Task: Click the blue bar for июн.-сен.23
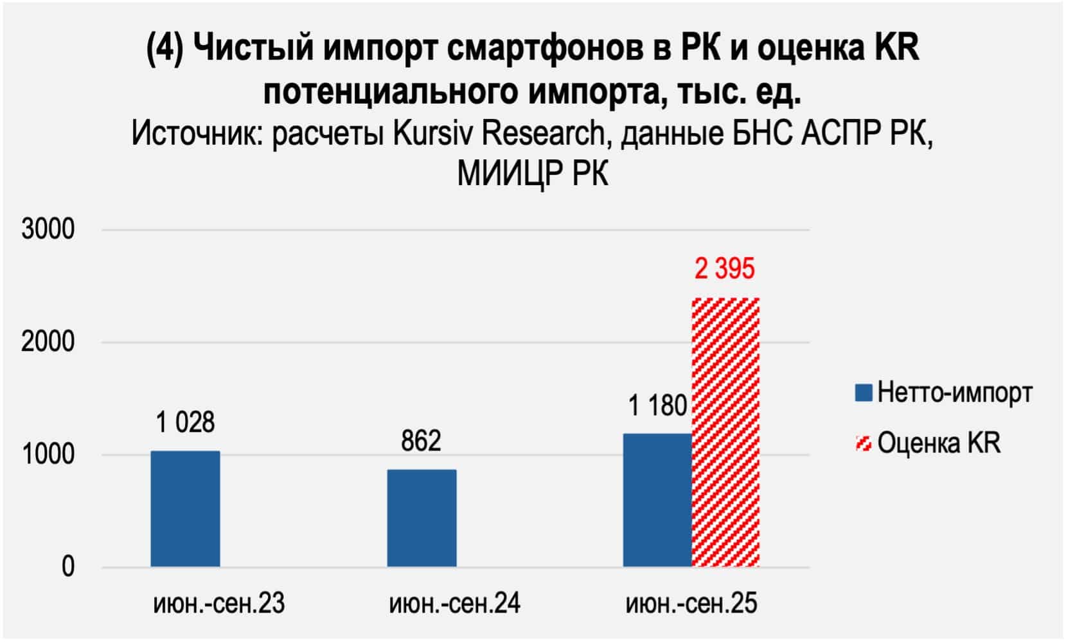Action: click(185, 508)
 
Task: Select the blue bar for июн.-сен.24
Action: click(422, 518)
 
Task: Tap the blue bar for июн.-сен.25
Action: click(657, 500)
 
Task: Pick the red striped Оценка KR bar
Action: click(725, 432)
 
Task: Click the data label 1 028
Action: click(185, 423)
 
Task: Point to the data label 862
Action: click(421, 441)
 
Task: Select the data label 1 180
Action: click(657, 406)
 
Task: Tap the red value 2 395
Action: click(724, 269)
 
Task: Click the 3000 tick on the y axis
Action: click(48, 229)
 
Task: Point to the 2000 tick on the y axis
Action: click(48, 342)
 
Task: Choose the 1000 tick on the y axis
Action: click(48, 455)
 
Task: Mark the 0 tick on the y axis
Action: click(67, 567)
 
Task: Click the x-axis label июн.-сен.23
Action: click(218, 604)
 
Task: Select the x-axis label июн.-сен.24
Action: click(454, 604)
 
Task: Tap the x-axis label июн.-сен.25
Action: click(691, 604)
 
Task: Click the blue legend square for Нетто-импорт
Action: click(863, 392)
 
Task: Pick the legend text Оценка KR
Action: click(939, 443)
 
